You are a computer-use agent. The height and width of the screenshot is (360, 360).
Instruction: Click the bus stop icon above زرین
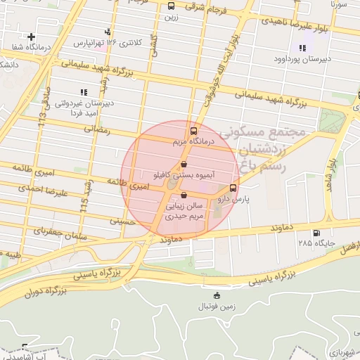tap(171, 6)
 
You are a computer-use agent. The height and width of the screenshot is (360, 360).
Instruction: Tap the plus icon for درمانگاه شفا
tap(31, 36)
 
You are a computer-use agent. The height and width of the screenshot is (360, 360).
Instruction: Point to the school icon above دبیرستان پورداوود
tap(302, 48)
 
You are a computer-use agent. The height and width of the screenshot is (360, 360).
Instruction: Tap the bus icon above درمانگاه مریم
tap(193, 131)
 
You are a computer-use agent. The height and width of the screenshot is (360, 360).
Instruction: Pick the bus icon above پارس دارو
tap(233, 188)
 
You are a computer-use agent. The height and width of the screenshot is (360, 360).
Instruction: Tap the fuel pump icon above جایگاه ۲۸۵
tap(316, 233)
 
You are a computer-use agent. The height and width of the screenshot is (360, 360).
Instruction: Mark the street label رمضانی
tap(98, 129)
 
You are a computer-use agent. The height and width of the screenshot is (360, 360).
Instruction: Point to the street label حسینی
tap(121, 221)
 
